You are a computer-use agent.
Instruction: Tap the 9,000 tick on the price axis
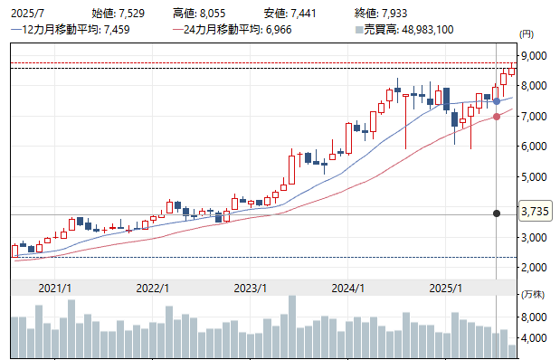click(x=534, y=55)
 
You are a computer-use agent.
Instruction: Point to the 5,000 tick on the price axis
click(x=534, y=176)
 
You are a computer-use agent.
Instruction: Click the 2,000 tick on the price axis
click(x=534, y=268)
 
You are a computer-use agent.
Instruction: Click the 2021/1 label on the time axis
click(x=55, y=288)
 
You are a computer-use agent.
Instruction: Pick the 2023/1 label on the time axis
click(x=249, y=288)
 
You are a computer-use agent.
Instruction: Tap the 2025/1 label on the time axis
click(x=445, y=288)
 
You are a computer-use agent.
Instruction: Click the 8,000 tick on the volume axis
click(x=534, y=317)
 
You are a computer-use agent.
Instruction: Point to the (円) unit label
click(x=527, y=33)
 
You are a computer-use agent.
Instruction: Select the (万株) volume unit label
click(x=532, y=296)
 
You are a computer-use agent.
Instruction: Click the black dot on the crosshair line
click(x=497, y=213)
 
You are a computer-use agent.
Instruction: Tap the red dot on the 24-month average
click(x=497, y=117)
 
